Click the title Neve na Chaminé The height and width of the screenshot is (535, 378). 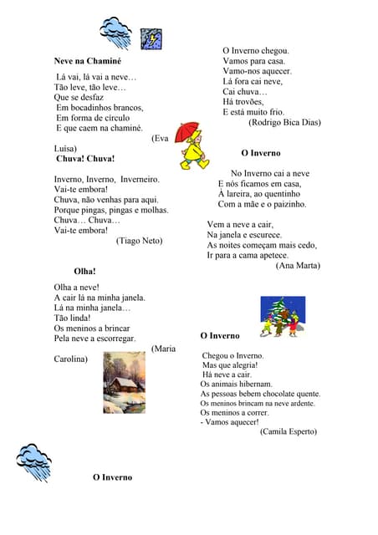point(87,61)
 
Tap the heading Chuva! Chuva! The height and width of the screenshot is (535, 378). point(85,158)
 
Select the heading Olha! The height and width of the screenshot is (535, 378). point(84,271)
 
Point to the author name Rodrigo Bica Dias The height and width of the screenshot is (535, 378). point(284,122)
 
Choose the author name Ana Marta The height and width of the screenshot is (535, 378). point(298,266)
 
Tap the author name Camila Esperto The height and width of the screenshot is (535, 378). point(288,431)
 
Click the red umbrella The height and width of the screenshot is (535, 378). point(188,131)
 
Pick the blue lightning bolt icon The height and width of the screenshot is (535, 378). point(151,38)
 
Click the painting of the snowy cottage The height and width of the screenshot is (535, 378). point(124,382)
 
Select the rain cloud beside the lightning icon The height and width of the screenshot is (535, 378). point(115,32)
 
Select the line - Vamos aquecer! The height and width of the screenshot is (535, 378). point(230,421)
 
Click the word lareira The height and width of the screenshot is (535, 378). point(243,194)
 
